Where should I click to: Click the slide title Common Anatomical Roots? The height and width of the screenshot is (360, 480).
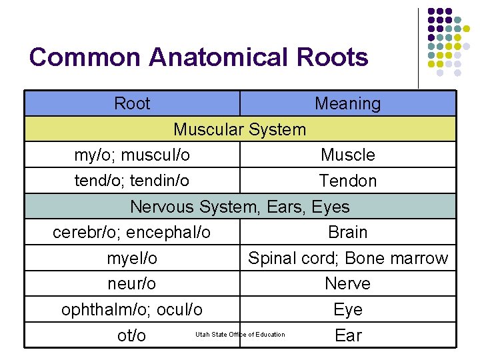199,57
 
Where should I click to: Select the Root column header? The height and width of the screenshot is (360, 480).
132,104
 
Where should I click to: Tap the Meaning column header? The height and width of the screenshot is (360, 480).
347,104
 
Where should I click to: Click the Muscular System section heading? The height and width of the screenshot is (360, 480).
240,129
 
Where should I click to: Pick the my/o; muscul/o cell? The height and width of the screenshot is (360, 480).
132,155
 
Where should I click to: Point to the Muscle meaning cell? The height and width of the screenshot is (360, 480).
347,155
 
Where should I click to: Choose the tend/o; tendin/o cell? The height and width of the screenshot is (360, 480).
132,181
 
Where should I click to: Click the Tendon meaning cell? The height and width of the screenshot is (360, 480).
347,181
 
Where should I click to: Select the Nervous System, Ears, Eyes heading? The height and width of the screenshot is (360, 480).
240,207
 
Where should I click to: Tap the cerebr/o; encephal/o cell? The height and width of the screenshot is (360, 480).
132,233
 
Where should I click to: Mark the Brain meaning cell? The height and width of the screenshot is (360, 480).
347,233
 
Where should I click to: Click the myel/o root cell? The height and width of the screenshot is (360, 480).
132,258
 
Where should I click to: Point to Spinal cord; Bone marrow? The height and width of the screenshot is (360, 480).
348,258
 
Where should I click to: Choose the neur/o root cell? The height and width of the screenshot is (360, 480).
132,284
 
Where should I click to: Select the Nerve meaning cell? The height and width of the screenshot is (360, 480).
347,284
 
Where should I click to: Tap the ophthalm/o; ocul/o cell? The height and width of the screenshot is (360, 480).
132,310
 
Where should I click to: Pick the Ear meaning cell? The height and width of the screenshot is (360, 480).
347,335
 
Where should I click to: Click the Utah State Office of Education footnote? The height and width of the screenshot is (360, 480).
240,335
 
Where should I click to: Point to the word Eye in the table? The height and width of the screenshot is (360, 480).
347,310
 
